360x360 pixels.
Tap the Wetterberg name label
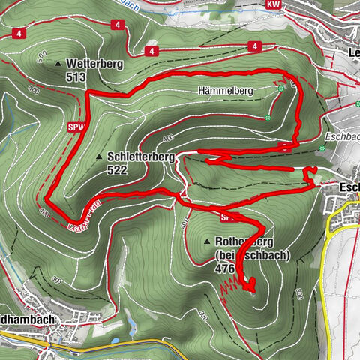[x=93, y=63]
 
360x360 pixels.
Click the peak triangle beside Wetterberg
[x=58, y=63]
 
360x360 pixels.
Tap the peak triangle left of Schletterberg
[x=100, y=157]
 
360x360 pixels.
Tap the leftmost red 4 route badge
[x=17, y=34]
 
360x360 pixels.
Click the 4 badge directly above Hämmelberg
[x=255, y=46]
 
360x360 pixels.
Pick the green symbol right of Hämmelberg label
[x=281, y=88]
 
